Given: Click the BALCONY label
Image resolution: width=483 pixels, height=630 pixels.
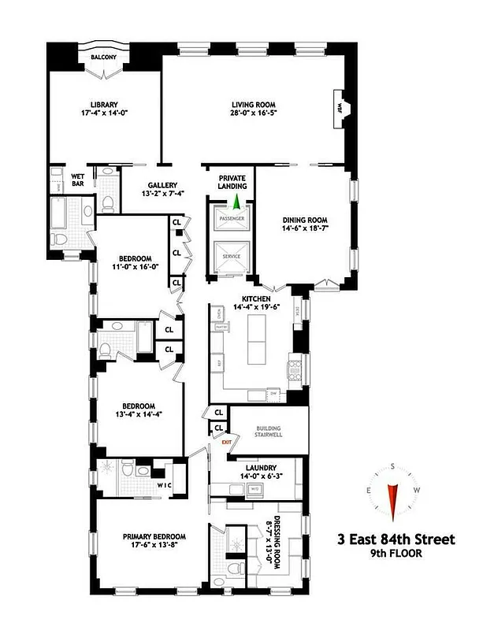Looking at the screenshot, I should [104, 57].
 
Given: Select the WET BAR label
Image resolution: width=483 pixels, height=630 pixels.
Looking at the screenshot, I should [78, 180].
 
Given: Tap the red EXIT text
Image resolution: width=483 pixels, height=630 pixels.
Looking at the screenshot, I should [227, 443].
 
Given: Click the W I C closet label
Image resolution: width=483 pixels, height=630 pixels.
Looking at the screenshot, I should [163, 484].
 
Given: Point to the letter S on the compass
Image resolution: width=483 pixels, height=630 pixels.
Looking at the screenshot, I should [392, 466].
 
